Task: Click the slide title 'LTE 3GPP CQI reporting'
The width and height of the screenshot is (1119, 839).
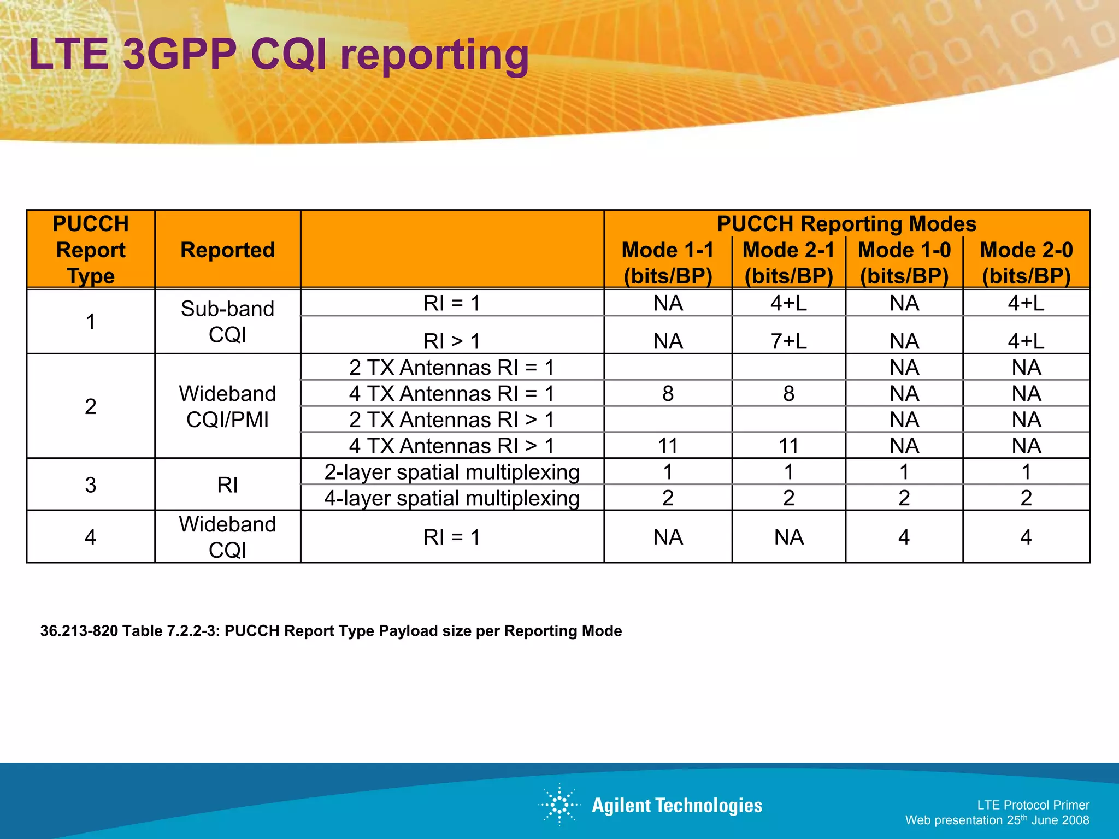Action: (x=279, y=55)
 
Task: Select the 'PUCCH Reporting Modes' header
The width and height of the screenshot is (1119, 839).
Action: (x=846, y=224)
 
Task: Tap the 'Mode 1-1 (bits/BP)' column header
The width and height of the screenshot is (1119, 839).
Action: (x=668, y=263)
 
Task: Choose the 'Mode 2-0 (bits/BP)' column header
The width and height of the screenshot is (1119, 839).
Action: (x=1026, y=263)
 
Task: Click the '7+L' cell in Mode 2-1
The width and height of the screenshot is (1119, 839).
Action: (x=788, y=341)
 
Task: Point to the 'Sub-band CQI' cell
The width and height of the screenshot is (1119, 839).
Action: (x=227, y=321)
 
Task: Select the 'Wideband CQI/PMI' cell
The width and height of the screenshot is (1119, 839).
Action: (x=227, y=406)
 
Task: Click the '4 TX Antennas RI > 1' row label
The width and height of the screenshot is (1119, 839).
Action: (x=451, y=446)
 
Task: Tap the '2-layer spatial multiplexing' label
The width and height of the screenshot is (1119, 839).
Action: (x=451, y=472)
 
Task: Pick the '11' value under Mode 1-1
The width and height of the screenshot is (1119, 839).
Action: (x=668, y=446)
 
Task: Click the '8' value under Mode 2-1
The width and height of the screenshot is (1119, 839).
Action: (x=788, y=393)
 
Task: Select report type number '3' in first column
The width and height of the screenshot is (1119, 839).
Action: (x=91, y=485)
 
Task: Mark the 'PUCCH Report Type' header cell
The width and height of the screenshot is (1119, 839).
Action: (x=91, y=250)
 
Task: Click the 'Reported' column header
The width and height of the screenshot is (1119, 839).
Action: (x=227, y=250)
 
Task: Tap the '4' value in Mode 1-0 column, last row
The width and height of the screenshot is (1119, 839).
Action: (x=904, y=537)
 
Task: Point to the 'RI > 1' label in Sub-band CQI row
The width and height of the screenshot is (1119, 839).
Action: (x=451, y=341)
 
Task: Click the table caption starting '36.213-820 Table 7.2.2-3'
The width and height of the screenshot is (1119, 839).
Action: (x=331, y=631)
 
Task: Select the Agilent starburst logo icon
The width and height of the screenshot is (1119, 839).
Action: (x=559, y=805)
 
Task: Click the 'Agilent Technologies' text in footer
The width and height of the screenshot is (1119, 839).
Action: (x=676, y=806)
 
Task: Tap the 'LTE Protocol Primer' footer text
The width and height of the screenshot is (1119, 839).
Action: (x=1033, y=805)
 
